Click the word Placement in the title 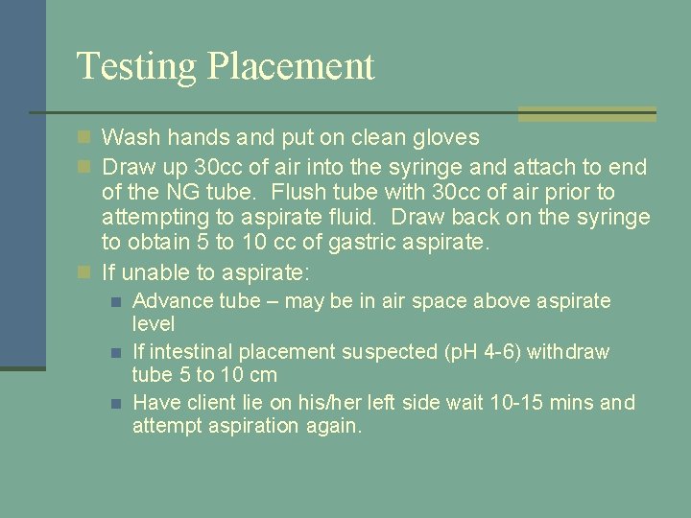pyautogui.click(x=291, y=67)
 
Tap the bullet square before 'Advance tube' pyautogui.click(x=115, y=302)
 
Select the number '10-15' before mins pyautogui.click(x=503, y=403)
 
